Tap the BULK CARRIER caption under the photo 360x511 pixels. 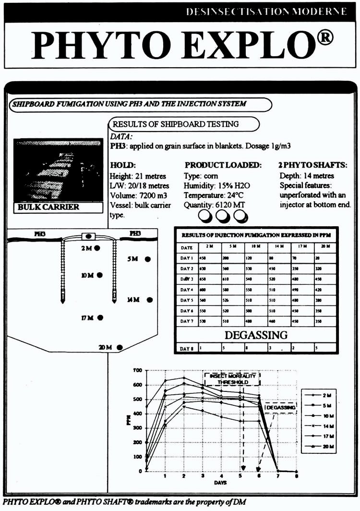pyautogui.click(x=49, y=207)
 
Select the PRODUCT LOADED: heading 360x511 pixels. pyautogui.click(x=223, y=165)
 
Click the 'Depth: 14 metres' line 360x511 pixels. pyautogui.click(x=306, y=176)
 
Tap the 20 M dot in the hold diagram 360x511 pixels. pyautogui.click(x=120, y=347)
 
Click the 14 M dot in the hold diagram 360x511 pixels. pyautogui.click(x=150, y=300)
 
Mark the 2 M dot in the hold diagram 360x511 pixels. pyautogui.click(x=97, y=248)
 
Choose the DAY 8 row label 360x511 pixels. pyautogui.click(x=187, y=349)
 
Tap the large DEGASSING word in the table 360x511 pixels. pyautogui.click(x=256, y=335)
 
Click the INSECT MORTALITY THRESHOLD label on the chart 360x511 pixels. pyautogui.click(x=233, y=379)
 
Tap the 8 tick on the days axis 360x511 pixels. pyautogui.click(x=296, y=476)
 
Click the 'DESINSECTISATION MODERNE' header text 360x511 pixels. pyautogui.click(x=266, y=12)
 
